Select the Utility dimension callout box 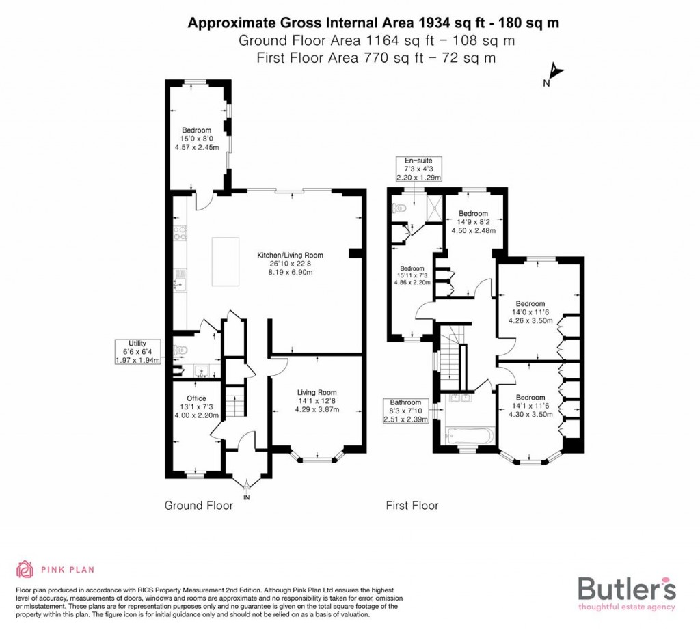[137, 351]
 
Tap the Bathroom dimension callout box [406, 411]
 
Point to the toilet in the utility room [180, 351]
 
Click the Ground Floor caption [198, 506]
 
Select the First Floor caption [412, 506]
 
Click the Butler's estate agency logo [627, 592]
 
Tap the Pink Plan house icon [25, 568]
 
